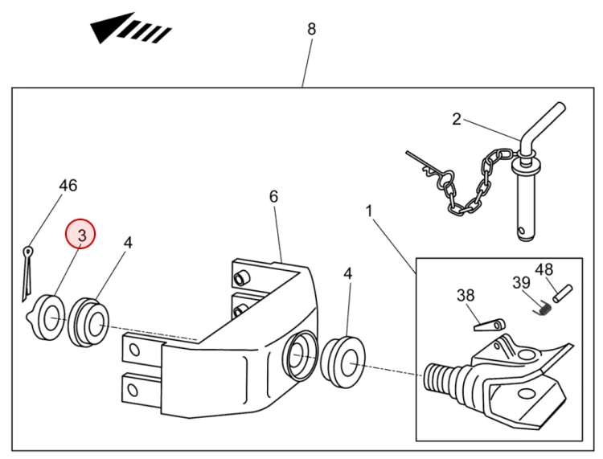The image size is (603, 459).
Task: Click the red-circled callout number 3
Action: (82, 235)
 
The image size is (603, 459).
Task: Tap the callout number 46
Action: (68, 186)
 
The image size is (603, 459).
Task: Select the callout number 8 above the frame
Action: (311, 29)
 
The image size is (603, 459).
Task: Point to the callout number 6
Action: (273, 196)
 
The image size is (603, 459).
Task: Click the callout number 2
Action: (457, 119)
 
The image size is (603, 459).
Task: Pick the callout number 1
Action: (369, 211)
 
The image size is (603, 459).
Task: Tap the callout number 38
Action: (466, 295)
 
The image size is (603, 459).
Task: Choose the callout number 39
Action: (522, 282)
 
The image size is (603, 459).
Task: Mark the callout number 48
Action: (544, 269)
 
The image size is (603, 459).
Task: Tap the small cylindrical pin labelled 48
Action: (563, 293)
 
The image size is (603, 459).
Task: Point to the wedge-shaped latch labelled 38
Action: (489, 325)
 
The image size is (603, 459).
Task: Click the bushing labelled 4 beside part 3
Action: (88, 322)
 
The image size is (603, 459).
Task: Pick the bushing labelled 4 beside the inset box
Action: (343, 362)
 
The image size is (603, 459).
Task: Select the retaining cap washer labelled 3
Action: (45, 318)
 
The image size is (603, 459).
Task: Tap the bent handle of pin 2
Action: (543, 123)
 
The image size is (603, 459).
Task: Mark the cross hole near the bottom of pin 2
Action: (521, 231)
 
